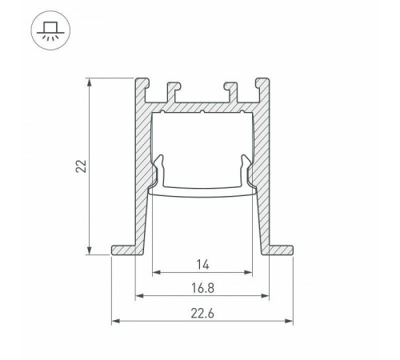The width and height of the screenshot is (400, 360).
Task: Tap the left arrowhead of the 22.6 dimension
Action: click(x=115, y=322)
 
